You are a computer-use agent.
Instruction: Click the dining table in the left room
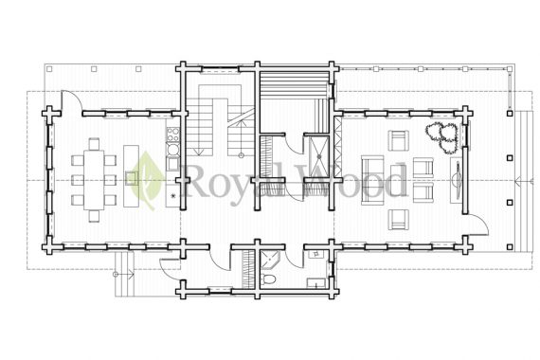94,179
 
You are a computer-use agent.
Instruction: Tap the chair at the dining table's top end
94,143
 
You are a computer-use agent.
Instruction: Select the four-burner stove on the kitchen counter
172,135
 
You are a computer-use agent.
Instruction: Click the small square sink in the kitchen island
132,178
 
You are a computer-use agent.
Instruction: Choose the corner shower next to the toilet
270,260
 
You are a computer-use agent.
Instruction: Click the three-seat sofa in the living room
372,180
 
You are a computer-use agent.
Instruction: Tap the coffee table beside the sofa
398,180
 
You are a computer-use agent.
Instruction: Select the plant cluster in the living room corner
443,137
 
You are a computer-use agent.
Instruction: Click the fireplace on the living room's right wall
457,180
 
